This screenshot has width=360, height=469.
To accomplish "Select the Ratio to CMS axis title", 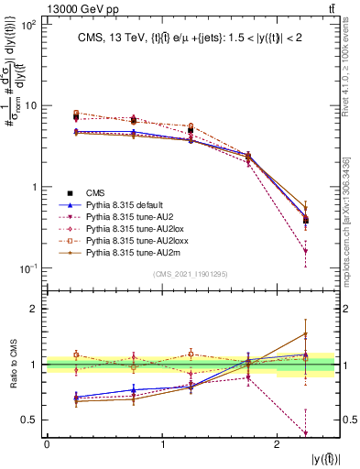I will pyautogui.click(x=13, y=364).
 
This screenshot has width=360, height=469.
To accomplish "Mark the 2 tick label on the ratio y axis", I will pyautogui.click(x=38, y=309).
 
